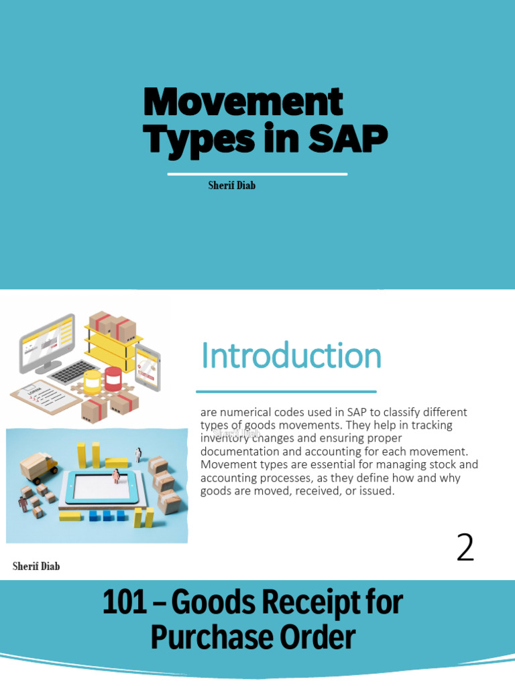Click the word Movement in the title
coord(243,102)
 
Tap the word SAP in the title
coord(348,139)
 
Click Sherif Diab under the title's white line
coord(231,186)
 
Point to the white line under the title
coord(257,174)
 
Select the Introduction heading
coord(291,356)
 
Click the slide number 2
coord(465,548)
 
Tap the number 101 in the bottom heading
coord(124,602)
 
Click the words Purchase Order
coord(252,637)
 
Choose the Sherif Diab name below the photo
coord(36,567)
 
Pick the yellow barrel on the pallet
coord(92,381)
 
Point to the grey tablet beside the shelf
coord(148,367)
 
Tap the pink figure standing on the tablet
coord(116,476)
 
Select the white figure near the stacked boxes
coord(139,454)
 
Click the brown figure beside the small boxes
coord(24,503)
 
